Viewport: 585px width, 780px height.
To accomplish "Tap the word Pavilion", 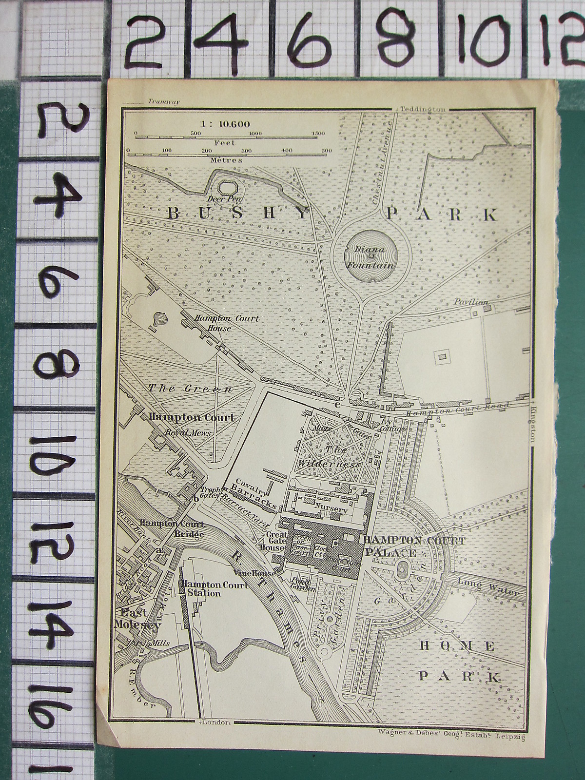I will (x=470, y=302).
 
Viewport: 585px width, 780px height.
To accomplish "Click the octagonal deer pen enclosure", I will (x=226, y=186).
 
